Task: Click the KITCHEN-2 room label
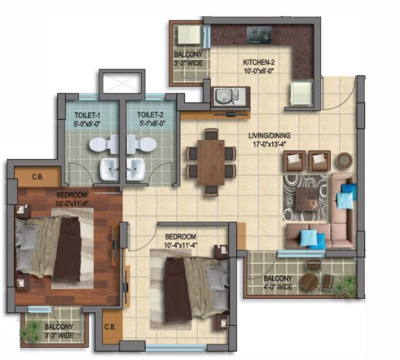coord(258,63)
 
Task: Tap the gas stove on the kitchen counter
coord(259,35)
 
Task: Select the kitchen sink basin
coord(223,96)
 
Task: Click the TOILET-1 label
coord(87,115)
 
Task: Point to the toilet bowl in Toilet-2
coord(142,143)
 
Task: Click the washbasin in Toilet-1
coord(109,169)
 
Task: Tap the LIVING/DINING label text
coord(270,135)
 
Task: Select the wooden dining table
coord(211,162)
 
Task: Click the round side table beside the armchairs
coord(345,160)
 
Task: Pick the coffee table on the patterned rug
coord(308,199)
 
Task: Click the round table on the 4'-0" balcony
coord(310,282)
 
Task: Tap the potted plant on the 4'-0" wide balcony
coord(345,287)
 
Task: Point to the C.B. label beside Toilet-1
coord(37,177)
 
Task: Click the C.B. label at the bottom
coord(110,327)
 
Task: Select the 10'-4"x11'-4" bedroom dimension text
coord(180,245)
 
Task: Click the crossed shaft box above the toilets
coord(121,82)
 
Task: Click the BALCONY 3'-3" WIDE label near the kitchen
coord(188,59)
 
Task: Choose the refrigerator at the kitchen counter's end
coord(301,94)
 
